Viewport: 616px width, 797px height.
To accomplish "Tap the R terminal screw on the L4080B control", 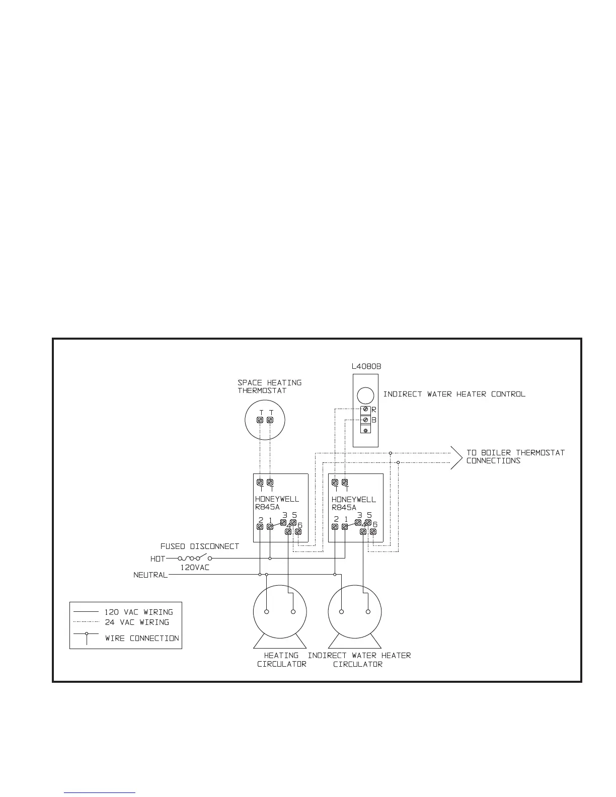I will [366, 410].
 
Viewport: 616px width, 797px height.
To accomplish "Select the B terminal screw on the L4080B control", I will [366, 420].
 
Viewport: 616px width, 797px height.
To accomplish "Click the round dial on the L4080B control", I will [366, 394].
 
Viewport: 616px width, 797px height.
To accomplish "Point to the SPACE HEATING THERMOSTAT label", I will [269, 386].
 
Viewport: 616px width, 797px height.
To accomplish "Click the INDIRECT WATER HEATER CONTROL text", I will [454, 394].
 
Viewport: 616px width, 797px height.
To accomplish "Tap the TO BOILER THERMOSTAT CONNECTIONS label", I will [515, 456].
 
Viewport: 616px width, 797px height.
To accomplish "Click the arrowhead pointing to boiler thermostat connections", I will [457, 457].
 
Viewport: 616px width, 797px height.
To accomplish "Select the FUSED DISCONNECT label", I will [199, 546].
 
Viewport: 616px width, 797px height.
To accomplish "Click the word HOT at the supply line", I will [158, 559].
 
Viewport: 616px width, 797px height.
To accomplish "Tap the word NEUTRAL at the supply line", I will [150, 575].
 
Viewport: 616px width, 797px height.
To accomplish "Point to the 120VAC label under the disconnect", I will [195, 567].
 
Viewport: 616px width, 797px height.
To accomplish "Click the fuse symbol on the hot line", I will [189, 558].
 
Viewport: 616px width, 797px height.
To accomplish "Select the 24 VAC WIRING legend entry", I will [136, 622].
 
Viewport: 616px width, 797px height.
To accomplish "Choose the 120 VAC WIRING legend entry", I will [138, 612].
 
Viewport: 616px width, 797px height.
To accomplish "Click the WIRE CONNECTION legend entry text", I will [141, 638].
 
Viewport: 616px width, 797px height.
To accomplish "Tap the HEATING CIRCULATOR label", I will [281, 660].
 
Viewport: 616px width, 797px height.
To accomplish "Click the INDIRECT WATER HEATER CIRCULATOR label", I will [359, 660].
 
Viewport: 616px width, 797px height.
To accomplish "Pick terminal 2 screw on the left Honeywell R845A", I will [260, 527].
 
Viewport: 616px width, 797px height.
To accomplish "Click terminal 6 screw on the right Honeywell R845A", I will [373, 531].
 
